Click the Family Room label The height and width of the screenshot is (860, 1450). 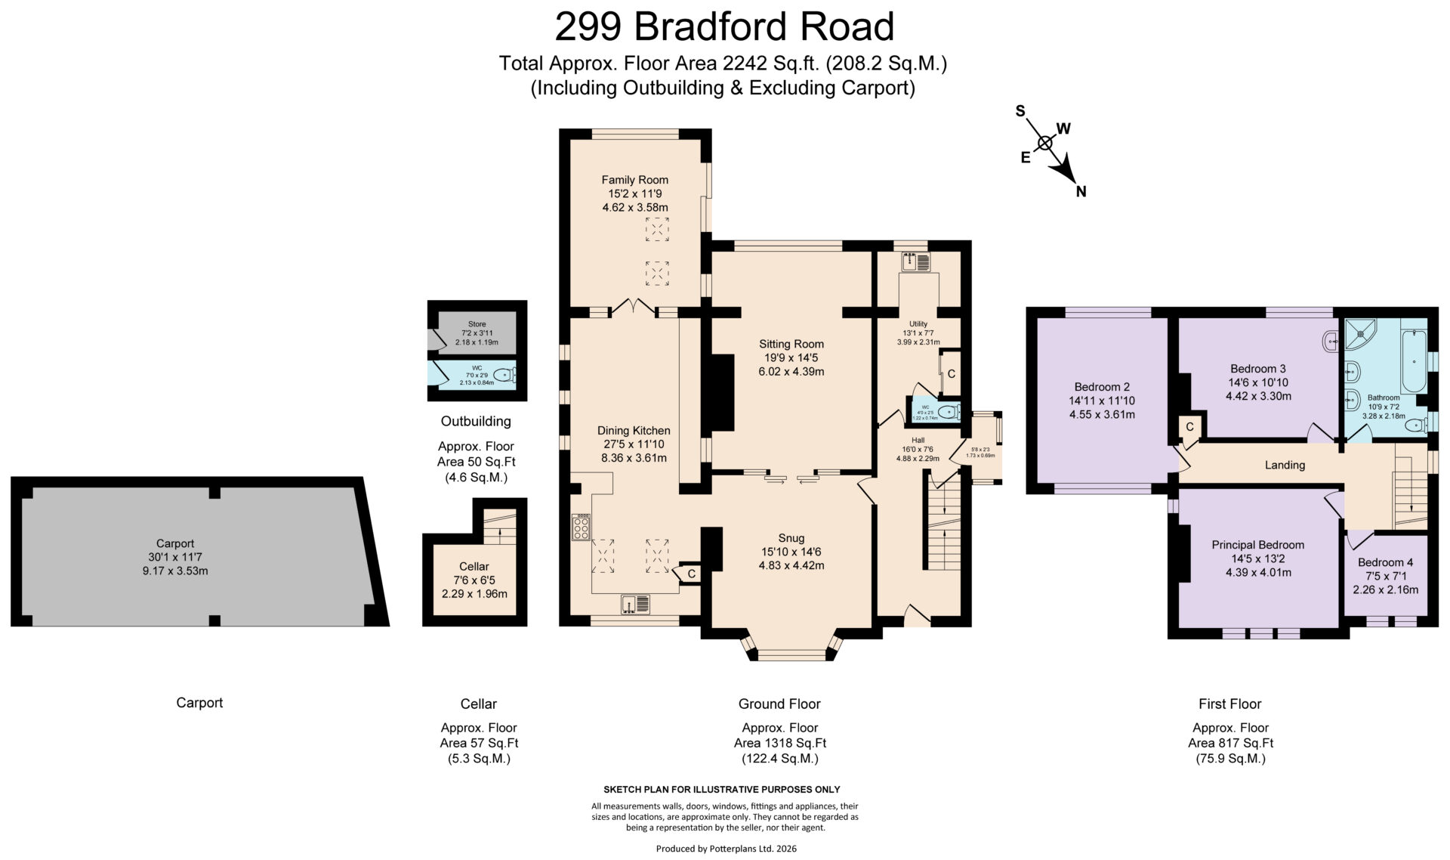pos(634,180)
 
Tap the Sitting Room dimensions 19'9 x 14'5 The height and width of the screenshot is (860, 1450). pos(791,357)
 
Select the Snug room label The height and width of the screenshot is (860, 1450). pos(791,538)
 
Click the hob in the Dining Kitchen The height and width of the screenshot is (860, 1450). pos(581,527)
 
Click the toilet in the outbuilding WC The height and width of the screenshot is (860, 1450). pos(504,374)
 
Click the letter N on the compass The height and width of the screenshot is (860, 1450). pos(1081,192)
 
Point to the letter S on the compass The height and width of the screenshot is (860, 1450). pos(1020,111)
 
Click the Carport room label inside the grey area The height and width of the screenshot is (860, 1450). pos(175,543)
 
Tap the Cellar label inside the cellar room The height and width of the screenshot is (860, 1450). pos(474,566)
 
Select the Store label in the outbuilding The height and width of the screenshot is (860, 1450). pos(477,324)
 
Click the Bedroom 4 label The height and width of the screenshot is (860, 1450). pos(1385,562)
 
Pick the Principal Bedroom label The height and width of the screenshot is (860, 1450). pos(1257,545)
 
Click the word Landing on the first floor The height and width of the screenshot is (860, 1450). pos(1285,465)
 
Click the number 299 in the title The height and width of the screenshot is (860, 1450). pos(588,26)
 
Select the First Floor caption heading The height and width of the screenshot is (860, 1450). pos(1229,704)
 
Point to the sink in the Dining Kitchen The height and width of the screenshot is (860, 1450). pos(635,604)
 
